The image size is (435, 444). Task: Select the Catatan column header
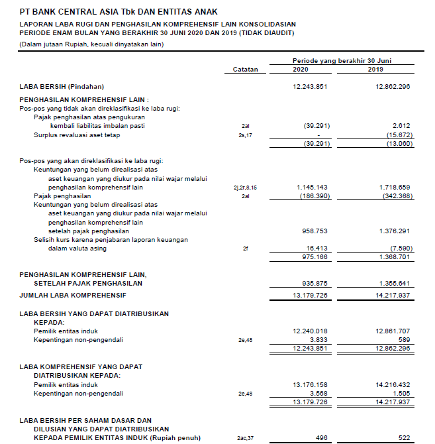[245, 70]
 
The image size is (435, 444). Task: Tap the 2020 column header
[300, 70]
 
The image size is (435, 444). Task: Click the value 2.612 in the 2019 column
[401, 125]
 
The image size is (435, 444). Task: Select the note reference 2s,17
[245, 135]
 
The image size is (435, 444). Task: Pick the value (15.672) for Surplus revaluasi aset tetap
[399, 135]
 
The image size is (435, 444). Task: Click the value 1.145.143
[314, 188]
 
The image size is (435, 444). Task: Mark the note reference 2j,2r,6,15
[245, 188]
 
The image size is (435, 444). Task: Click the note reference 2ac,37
[245, 438]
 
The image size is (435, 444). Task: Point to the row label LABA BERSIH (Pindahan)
[62, 87]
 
